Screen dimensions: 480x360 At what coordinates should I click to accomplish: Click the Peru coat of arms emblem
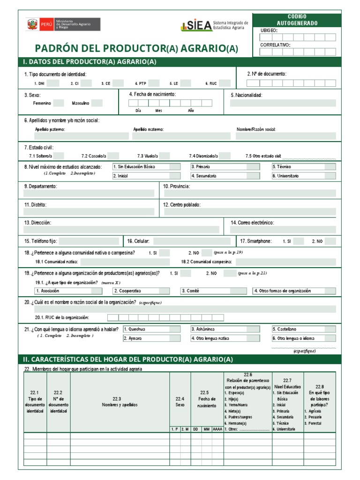tap(32, 24)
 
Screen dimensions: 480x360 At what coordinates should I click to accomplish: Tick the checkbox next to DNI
tap(52, 83)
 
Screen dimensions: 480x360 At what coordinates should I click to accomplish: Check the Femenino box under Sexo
tap(59, 103)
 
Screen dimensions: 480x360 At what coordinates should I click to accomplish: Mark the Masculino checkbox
tap(97, 103)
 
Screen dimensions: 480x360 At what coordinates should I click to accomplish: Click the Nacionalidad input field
tap(283, 104)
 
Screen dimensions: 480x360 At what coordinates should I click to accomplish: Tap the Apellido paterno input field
tap(76, 136)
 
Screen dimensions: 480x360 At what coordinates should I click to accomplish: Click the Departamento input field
tap(89, 193)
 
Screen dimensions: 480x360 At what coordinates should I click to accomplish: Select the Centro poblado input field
tap(250, 212)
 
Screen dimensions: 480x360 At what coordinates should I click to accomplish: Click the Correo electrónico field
tap(283, 230)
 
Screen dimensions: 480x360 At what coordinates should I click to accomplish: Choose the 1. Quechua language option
tap(151, 329)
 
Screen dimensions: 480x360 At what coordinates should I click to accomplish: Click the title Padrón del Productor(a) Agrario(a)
tap(136, 49)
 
